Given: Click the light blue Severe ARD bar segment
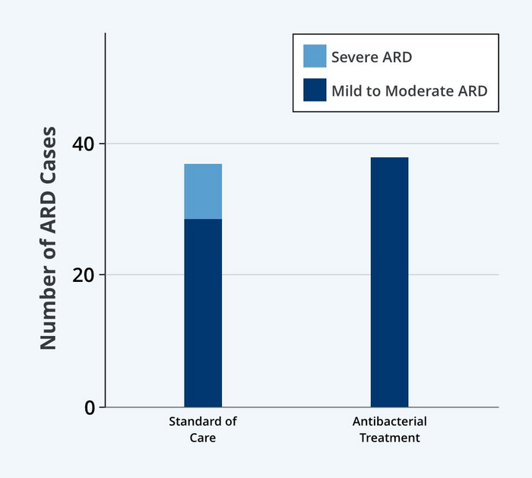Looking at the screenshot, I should [203, 192].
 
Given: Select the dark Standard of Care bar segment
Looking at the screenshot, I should [203, 312].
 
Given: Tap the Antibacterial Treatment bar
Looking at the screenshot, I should [389, 282].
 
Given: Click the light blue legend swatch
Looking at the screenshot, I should [315, 56].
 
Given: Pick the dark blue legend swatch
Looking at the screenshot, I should [315, 90].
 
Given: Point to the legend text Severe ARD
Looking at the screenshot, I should [372, 57].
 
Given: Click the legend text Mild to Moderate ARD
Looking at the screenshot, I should [409, 91].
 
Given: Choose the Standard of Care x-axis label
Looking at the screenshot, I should [203, 429].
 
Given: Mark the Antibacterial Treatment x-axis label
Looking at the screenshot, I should [389, 429].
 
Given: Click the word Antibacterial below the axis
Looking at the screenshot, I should [389, 422].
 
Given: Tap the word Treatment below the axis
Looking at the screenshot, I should [389, 438].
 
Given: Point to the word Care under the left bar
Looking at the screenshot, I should [203, 438].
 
